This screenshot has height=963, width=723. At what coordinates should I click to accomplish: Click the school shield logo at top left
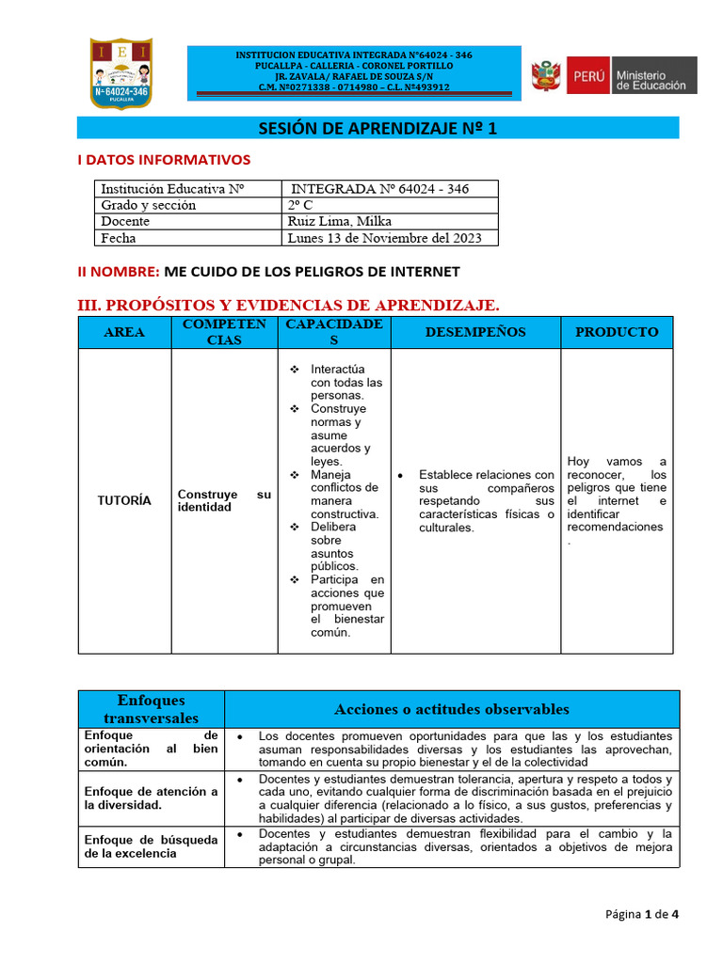(x=120, y=72)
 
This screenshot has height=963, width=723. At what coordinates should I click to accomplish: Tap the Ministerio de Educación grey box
(x=653, y=75)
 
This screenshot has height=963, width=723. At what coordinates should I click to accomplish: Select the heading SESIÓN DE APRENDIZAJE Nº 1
(x=377, y=129)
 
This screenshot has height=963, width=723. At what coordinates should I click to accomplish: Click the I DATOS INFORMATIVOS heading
(x=164, y=160)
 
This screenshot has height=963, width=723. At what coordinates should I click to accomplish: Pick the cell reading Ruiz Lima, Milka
(x=333, y=221)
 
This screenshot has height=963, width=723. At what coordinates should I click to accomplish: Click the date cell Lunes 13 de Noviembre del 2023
(x=385, y=238)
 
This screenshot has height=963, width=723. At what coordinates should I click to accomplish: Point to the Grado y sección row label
(x=149, y=205)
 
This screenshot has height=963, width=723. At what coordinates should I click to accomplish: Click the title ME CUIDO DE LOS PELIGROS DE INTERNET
(x=312, y=272)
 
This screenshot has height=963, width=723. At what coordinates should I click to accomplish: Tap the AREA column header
(x=124, y=332)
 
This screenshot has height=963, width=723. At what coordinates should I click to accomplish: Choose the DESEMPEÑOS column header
(x=475, y=332)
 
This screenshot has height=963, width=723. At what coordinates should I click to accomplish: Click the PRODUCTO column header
(x=617, y=332)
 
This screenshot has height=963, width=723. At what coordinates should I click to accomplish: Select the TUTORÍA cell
(x=124, y=500)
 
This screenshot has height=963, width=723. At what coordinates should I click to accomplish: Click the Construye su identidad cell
(x=224, y=500)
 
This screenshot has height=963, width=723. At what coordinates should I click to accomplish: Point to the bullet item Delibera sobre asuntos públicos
(x=335, y=546)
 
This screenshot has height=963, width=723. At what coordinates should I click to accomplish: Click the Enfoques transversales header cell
(x=151, y=709)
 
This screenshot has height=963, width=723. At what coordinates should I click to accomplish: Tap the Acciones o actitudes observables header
(x=451, y=709)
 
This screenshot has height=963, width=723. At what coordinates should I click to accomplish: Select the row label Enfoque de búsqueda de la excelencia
(x=151, y=845)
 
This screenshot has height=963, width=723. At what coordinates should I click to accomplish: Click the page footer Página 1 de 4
(x=641, y=913)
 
